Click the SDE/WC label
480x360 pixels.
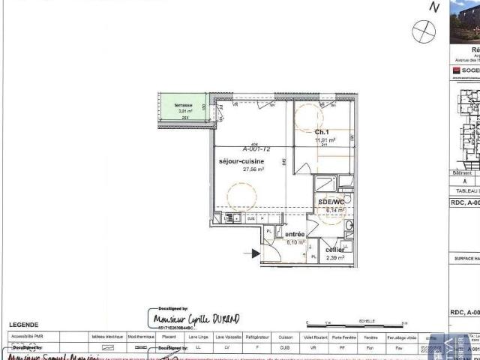(x=331, y=202)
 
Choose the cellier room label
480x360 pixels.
(x=335, y=250)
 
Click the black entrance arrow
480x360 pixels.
(x=256, y=253)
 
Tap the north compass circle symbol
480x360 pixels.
(x=424, y=31)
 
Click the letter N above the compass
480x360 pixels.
(x=433, y=7)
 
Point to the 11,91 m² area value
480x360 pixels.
(x=325, y=139)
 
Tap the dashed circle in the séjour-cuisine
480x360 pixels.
(x=243, y=197)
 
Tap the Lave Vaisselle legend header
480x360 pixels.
(x=227, y=337)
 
